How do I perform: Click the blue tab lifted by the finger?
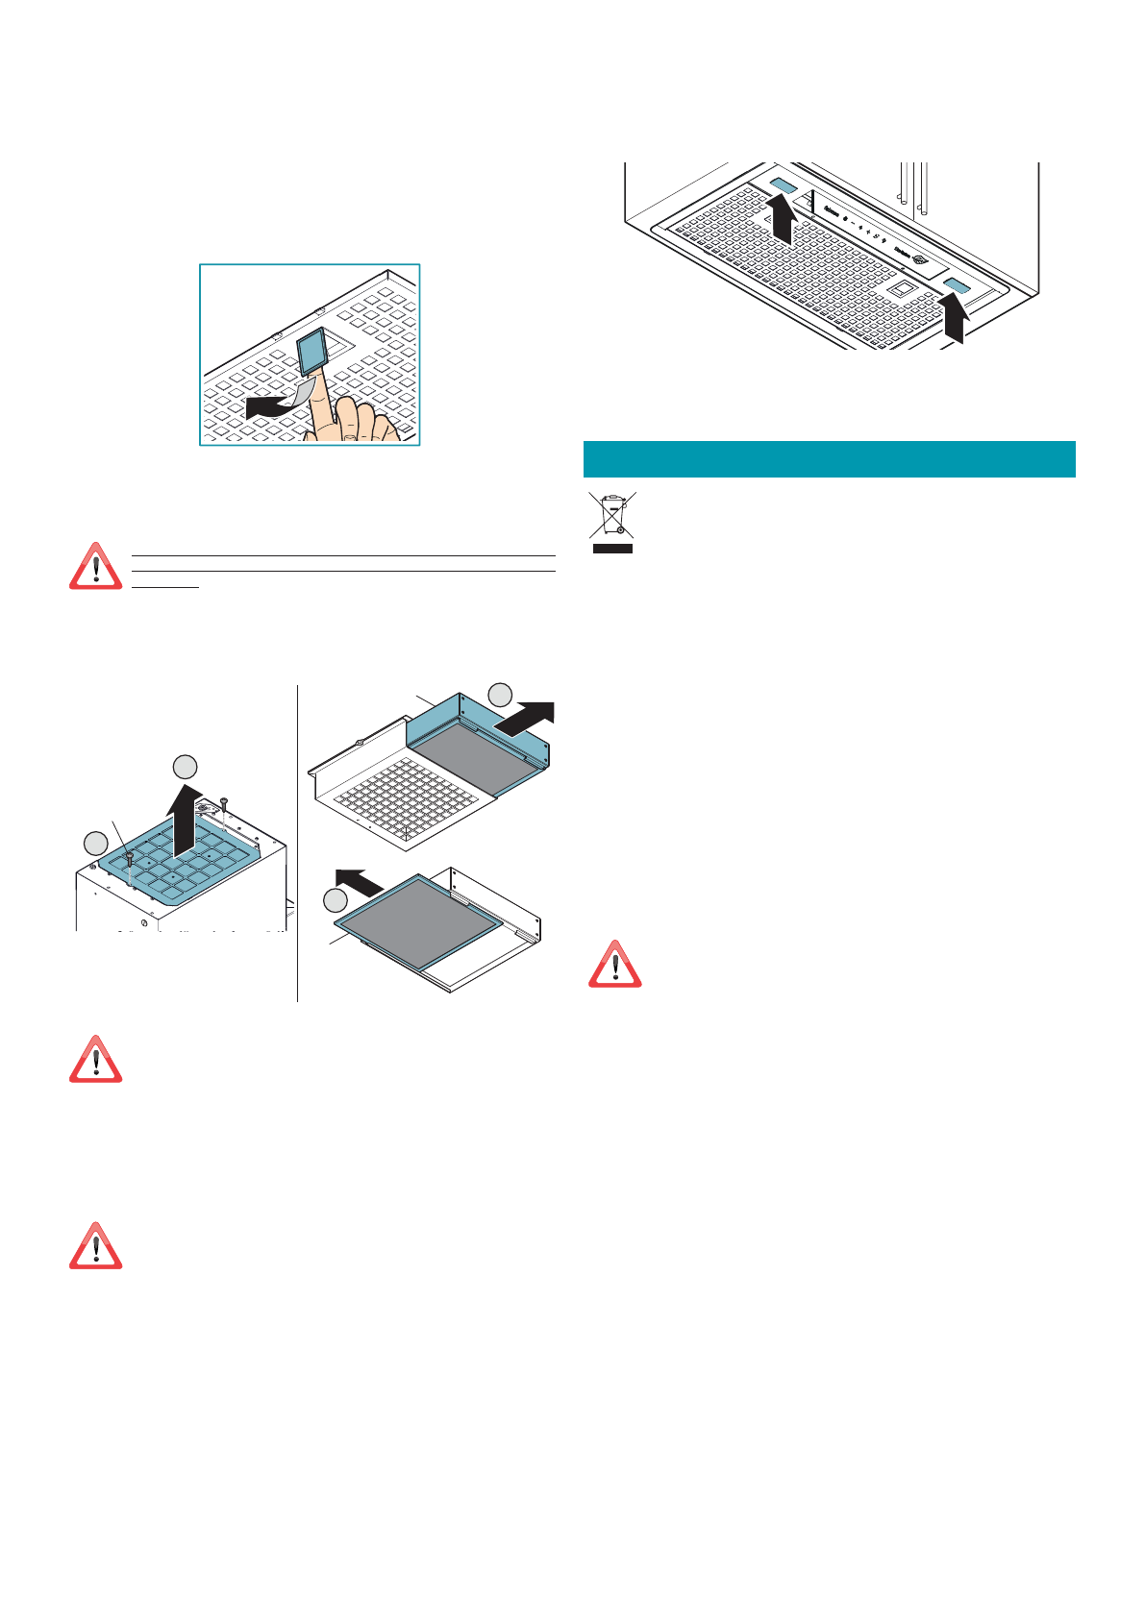(314, 350)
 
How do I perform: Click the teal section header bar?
(829, 459)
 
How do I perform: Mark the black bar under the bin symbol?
(611, 549)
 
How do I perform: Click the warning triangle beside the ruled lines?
(95, 567)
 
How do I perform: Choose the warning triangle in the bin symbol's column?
(614, 965)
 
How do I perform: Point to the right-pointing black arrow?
(525, 717)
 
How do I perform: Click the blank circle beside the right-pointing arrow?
(500, 695)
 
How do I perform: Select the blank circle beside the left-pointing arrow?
(335, 900)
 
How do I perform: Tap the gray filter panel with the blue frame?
(421, 919)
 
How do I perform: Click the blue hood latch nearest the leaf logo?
(957, 286)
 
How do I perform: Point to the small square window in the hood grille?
(902, 287)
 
